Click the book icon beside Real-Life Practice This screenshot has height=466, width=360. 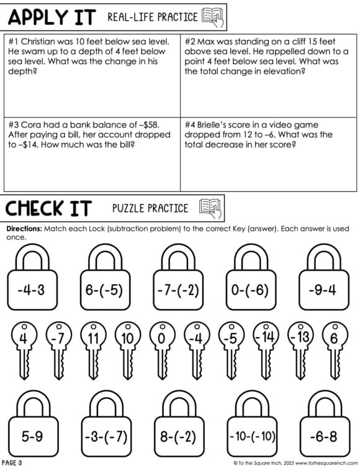(x=212, y=17)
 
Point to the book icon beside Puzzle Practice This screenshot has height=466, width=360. (x=211, y=208)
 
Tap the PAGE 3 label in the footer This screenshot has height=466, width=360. (x=12, y=462)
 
